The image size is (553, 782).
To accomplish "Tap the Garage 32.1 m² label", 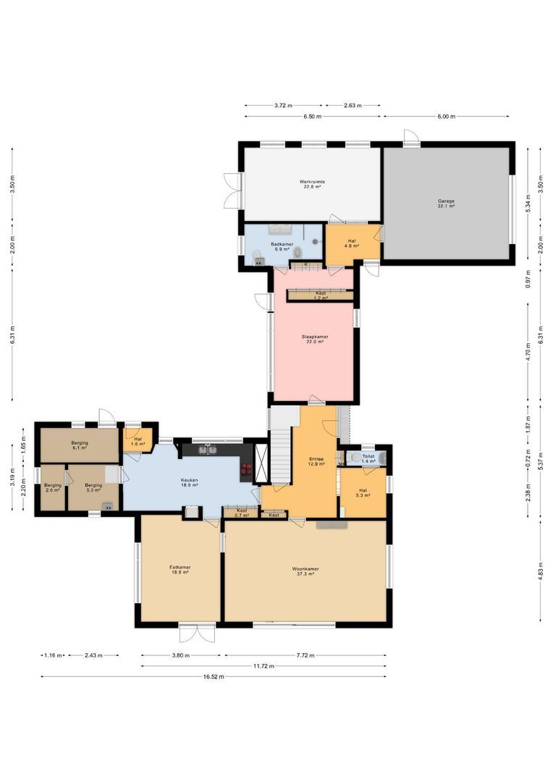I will tap(446, 203).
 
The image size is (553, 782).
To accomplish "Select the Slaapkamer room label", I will tap(314, 339).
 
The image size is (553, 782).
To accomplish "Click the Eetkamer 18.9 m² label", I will tap(180, 570).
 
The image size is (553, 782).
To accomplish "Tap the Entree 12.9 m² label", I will tap(315, 461).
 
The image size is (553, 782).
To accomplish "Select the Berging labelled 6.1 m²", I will tap(79, 445).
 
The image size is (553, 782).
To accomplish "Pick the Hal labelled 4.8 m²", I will tap(352, 243).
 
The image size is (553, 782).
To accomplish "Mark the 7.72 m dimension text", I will tap(305, 655).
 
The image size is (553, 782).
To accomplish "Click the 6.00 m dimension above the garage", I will tap(446, 116).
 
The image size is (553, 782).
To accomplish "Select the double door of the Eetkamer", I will tap(198, 633).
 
